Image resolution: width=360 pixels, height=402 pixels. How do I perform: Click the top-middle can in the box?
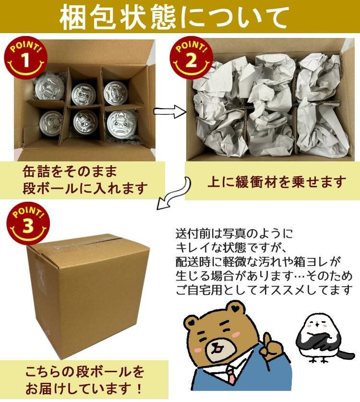click(84, 93)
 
